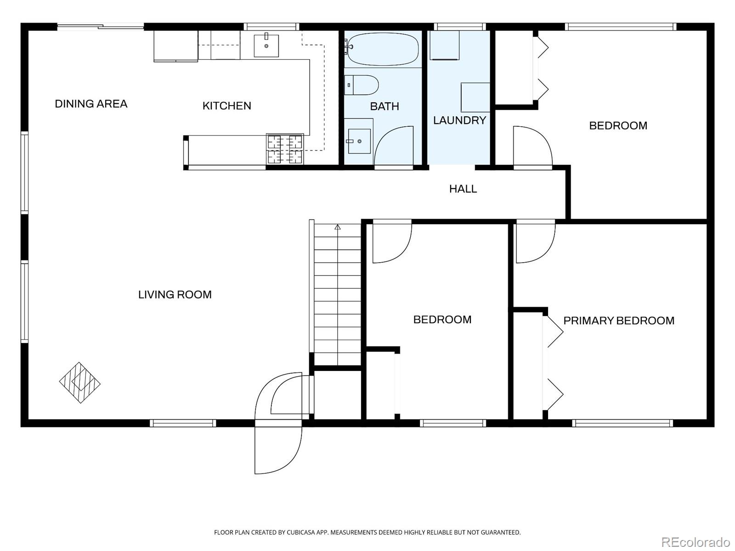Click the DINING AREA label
point(91,104)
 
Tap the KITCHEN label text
point(226,106)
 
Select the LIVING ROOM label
point(175,294)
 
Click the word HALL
point(463,189)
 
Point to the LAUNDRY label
point(459,120)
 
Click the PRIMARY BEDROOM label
point(619,320)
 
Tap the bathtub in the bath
point(383,49)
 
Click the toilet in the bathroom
point(362,85)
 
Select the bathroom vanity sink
point(359,141)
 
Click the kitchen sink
point(266,45)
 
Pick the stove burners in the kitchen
point(285,149)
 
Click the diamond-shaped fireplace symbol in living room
point(79,382)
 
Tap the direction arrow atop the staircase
point(338,227)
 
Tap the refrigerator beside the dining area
point(176,46)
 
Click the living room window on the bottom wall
point(183,423)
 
